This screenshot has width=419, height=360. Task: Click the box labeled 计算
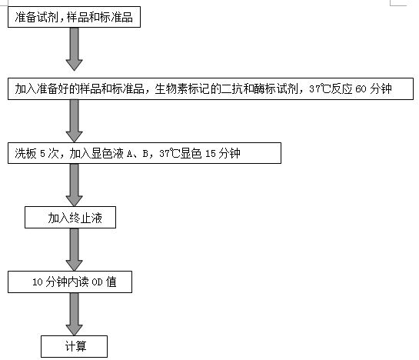point(74,346)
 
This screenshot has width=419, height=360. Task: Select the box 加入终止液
point(70,217)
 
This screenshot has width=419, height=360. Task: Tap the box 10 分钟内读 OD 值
point(70,282)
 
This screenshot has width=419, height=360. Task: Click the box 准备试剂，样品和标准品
point(74,17)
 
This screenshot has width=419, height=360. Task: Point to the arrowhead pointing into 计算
point(74,330)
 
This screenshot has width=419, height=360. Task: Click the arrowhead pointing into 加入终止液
point(74,201)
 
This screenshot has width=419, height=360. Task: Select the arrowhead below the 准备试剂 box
point(74,65)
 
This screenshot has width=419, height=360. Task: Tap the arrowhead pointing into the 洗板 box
point(74,137)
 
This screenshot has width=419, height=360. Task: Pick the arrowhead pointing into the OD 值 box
point(74,265)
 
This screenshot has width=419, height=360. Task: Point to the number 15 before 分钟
point(211,154)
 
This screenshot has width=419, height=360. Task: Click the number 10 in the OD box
point(38,282)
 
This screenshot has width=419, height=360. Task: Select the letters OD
point(98,282)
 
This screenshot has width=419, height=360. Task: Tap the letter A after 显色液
point(130,154)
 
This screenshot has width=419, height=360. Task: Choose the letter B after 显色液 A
point(145,154)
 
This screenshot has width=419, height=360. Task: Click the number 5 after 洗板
point(43,154)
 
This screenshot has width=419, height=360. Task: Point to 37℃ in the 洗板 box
point(169,154)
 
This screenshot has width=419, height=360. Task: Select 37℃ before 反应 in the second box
point(320,88)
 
